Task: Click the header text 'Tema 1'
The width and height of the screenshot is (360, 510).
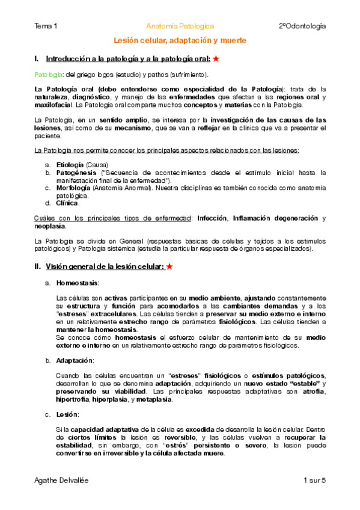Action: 46,26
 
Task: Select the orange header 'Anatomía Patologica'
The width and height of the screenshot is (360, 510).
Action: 180,26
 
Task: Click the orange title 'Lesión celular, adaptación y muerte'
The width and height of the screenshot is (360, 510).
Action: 180,40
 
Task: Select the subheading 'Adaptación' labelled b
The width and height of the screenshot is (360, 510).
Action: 75,360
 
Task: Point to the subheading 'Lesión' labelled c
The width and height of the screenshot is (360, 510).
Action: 67,414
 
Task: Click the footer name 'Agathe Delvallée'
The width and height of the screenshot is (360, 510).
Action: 63,481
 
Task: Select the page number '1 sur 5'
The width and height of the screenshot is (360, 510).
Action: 314,481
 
